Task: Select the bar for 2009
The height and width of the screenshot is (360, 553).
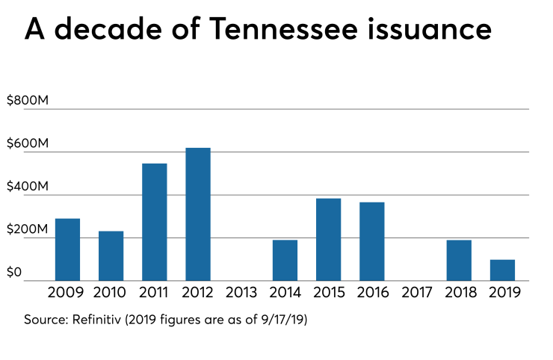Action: click(x=67, y=249)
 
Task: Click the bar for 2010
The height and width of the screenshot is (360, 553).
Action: click(x=111, y=256)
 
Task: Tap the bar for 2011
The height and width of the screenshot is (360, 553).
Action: click(x=154, y=222)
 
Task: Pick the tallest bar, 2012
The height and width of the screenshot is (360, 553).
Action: click(x=198, y=214)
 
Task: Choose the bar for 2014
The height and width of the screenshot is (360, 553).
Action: click(x=285, y=260)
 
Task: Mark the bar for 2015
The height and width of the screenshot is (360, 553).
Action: click(x=328, y=239)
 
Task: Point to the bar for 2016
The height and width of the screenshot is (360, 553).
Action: click(x=371, y=241)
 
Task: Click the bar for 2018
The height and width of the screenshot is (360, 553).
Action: click(x=459, y=260)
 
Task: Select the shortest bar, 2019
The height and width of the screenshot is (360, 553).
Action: click(x=502, y=270)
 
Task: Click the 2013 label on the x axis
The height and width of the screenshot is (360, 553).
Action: click(x=241, y=293)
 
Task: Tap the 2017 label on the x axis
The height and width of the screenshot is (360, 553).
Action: click(x=415, y=293)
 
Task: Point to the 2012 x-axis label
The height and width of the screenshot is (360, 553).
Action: click(x=198, y=293)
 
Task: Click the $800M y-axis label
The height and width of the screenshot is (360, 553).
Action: click(x=28, y=99)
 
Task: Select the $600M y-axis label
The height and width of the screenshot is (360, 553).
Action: click(x=28, y=143)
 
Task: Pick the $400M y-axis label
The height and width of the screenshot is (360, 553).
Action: click(x=28, y=186)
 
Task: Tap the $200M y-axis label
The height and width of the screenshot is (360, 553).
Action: click(x=28, y=229)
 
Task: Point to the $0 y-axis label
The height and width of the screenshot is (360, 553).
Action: click(x=14, y=272)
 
